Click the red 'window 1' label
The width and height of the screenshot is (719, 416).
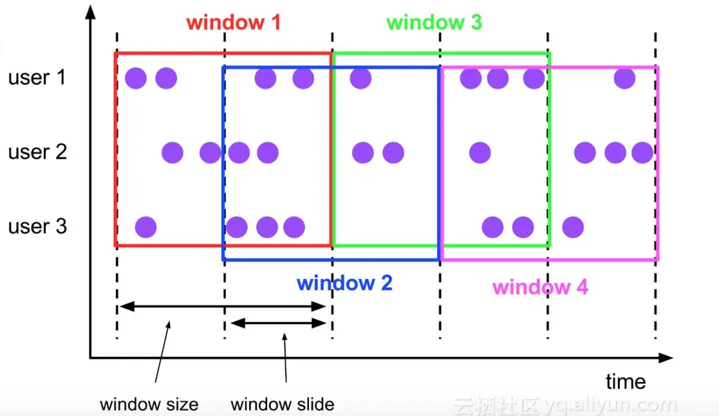234,23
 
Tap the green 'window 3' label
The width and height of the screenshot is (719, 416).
434,23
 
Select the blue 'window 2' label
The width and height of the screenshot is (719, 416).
344,283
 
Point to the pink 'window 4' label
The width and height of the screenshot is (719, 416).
540,288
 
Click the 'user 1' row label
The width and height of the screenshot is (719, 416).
37,78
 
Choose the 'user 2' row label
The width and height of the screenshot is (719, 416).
37,152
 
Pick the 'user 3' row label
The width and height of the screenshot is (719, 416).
37,227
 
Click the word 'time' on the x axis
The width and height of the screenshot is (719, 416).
625,382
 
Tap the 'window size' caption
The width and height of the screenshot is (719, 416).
148,404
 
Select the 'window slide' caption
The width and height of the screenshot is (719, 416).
282,404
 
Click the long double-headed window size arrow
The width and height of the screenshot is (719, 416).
222,307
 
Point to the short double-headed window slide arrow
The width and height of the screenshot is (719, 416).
277,323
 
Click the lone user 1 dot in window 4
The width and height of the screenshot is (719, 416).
624,79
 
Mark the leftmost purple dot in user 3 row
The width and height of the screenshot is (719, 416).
146,228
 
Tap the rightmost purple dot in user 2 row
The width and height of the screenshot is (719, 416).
642,153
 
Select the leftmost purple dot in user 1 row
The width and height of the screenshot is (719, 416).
136,79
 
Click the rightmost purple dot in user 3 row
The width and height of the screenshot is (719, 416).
573,228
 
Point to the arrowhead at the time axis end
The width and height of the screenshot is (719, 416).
666,358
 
